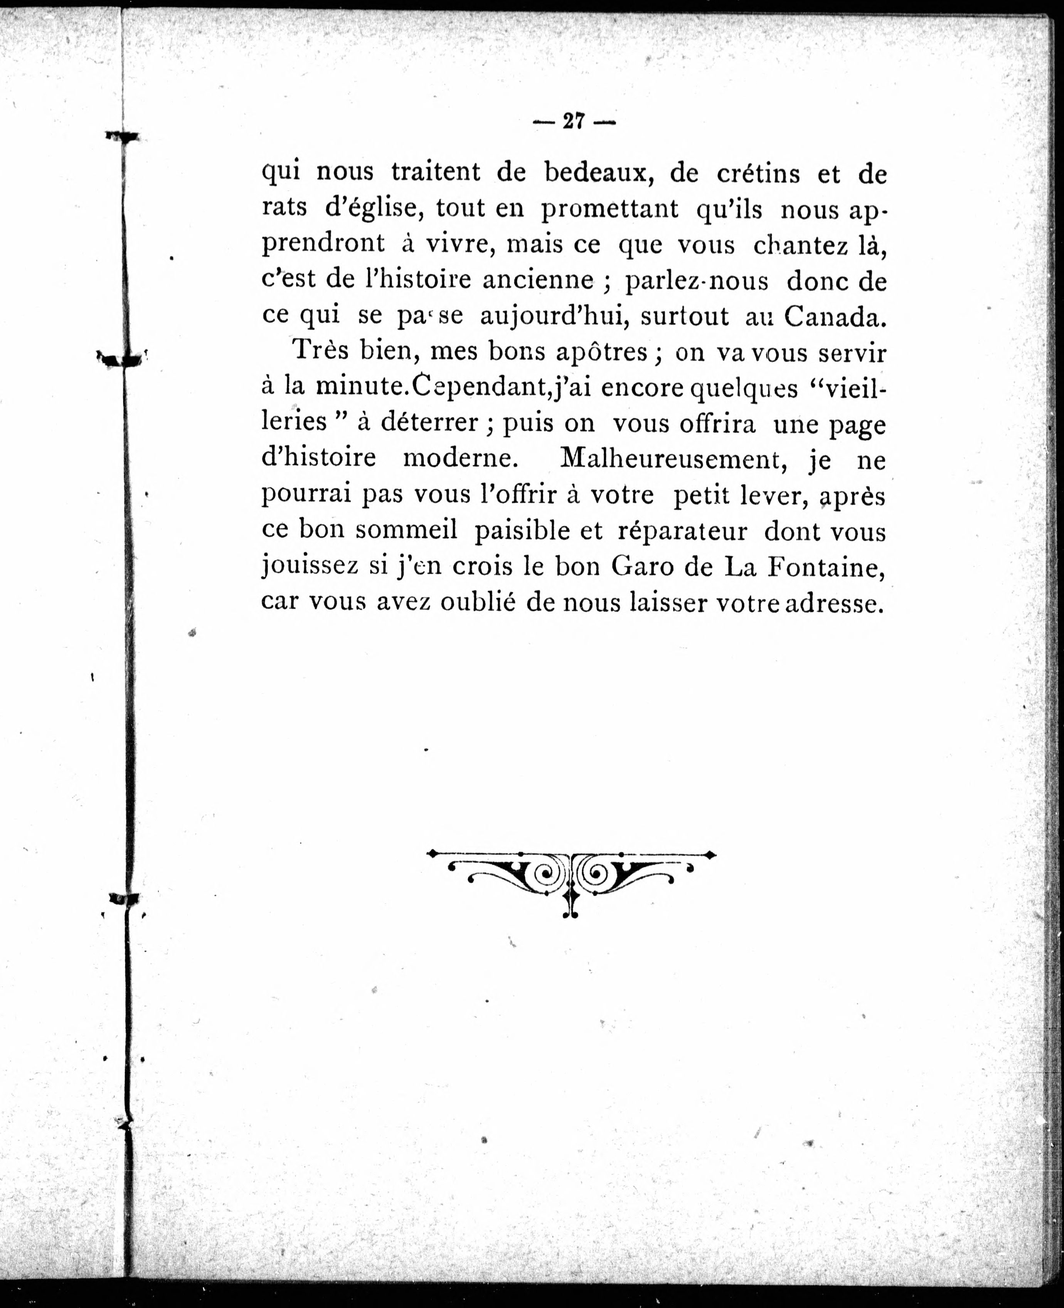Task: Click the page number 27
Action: [574, 122]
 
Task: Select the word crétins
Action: [758, 174]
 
